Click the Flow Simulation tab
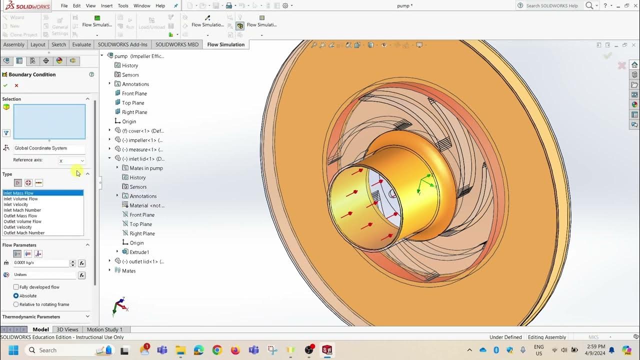(225, 44)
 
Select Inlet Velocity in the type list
(16, 204)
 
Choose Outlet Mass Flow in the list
(20, 216)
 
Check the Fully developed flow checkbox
(16, 287)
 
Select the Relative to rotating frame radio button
(16, 304)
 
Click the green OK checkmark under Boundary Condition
(5, 85)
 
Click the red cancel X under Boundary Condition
(16, 85)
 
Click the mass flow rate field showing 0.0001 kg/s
(41, 263)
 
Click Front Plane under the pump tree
(134, 93)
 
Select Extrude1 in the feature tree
(139, 252)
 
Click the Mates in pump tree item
(146, 168)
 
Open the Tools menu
(123, 5)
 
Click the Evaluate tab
(81, 44)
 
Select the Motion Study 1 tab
(104, 329)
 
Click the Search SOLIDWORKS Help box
(551, 5)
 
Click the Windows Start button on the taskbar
(13, 350)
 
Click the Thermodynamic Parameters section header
(31, 316)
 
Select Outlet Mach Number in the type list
(24, 233)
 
